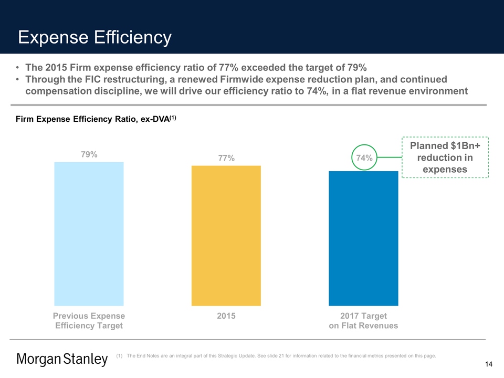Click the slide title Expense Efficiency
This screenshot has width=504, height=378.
[94, 37]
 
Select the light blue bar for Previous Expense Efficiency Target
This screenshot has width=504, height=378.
[89, 234]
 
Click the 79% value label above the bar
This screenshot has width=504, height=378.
[89, 154]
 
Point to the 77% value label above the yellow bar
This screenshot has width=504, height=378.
[226, 158]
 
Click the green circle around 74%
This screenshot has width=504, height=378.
[364, 157]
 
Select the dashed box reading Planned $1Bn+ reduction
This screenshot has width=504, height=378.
[445, 157]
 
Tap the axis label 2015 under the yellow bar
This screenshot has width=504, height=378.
[226, 316]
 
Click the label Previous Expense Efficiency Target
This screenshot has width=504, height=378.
[89, 321]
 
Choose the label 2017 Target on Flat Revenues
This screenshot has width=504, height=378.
[363, 321]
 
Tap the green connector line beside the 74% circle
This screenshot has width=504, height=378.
[390, 157]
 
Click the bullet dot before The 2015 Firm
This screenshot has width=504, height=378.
[18, 68]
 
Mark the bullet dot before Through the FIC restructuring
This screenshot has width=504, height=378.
[18, 80]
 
